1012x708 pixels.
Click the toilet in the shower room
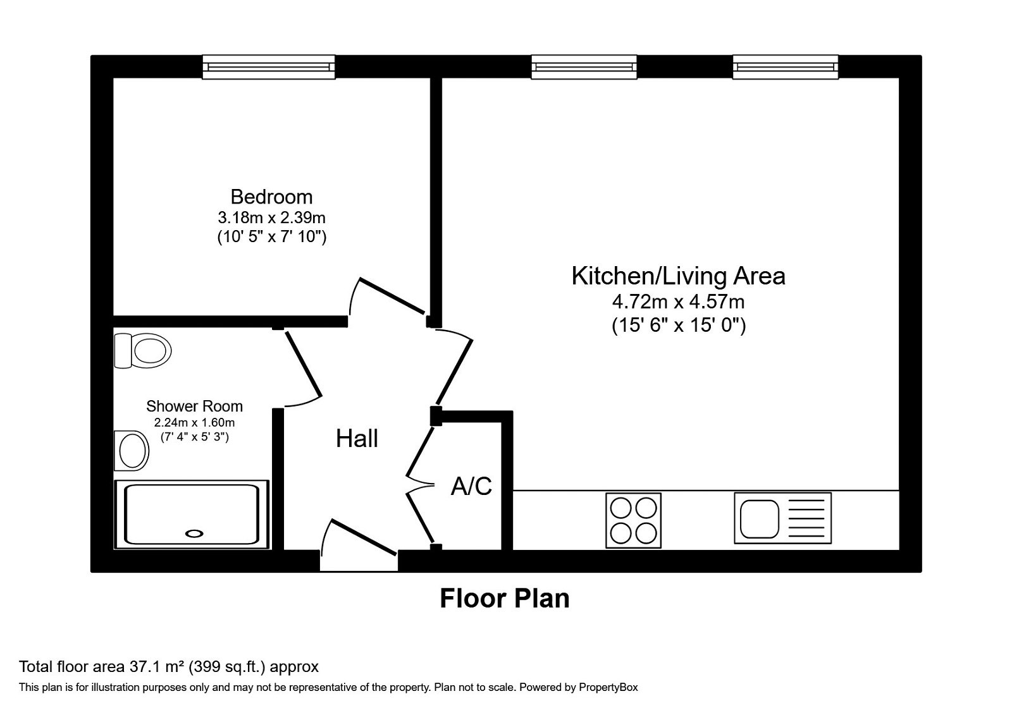click(144, 350)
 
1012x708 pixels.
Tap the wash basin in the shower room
click(131, 450)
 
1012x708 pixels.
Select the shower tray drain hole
click(196, 533)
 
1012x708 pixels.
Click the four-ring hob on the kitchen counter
click(633, 520)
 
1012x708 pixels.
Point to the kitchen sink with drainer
click(782, 518)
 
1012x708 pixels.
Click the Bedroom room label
click(271, 197)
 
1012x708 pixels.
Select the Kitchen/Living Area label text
click(678, 276)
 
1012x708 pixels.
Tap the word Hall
click(357, 438)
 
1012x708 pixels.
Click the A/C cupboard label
click(471, 486)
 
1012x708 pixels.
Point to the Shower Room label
click(194, 406)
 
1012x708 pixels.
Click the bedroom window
click(268, 66)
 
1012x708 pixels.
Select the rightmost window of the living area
click(785, 66)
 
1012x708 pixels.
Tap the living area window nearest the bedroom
click(583, 66)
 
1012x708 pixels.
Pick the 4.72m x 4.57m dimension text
click(678, 302)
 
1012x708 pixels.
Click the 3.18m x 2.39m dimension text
click(271, 218)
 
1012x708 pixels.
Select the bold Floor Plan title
click(504, 598)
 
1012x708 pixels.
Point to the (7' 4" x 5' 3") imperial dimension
click(194, 437)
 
